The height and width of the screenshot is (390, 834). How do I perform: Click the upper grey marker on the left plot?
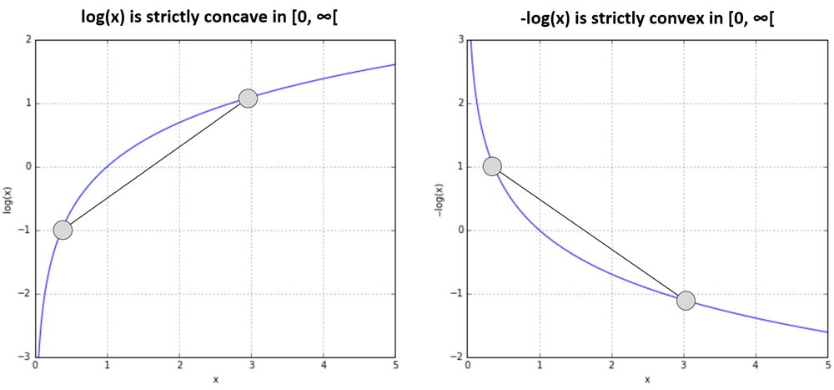pos(247,99)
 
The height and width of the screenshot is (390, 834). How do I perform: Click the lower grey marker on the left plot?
pos(63,230)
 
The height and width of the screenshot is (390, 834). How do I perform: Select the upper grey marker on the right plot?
pos(492,166)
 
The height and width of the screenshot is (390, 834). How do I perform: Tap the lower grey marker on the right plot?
pos(686,301)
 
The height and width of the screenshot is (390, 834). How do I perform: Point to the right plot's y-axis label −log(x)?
pos(440,198)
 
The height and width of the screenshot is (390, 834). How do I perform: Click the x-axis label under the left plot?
pos(215,380)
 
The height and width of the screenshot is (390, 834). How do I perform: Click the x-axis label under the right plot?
pos(647,380)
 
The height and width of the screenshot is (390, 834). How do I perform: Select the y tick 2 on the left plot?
pos(28,40)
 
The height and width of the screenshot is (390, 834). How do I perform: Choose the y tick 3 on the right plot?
pos(460,40)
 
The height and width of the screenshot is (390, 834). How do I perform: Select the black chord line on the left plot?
pos(154,165)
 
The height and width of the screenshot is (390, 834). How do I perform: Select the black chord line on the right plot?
pos(589,234)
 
